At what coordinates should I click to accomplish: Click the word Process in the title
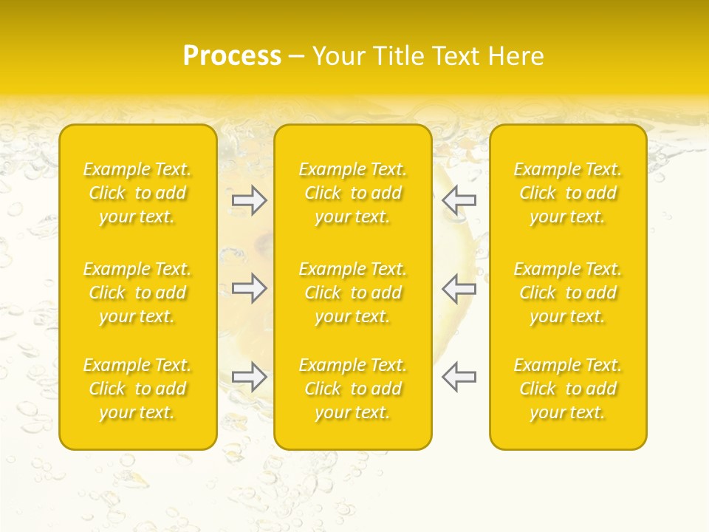click(x=232, y=56)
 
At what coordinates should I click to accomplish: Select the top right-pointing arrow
click(x=250, y=200)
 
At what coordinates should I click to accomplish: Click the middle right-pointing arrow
click(x=250, y=288)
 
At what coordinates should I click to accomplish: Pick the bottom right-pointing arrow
click(x=250, y=377)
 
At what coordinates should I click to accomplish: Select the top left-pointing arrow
click(x=459, y=200)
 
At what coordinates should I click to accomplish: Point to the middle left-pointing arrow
click(x=459, y=288)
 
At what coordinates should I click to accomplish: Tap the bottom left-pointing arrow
click(x=459, y=377)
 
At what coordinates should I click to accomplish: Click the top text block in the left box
click(x=137, y=193)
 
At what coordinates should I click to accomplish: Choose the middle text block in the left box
click(x=137, y=293)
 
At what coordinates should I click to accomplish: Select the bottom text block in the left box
click(x=137, y=389)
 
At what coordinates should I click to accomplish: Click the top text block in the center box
click(x=353, y=193)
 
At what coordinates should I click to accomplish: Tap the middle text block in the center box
click(x=353, y=293)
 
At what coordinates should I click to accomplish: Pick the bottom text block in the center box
click(x=353, y=389)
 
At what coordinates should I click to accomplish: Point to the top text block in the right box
click(x=568, y=193)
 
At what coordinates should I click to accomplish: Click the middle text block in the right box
click(x=568, y=293)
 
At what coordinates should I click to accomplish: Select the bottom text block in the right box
click(x=568, y=389)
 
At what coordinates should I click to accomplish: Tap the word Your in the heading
click(x=338, y=56)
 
